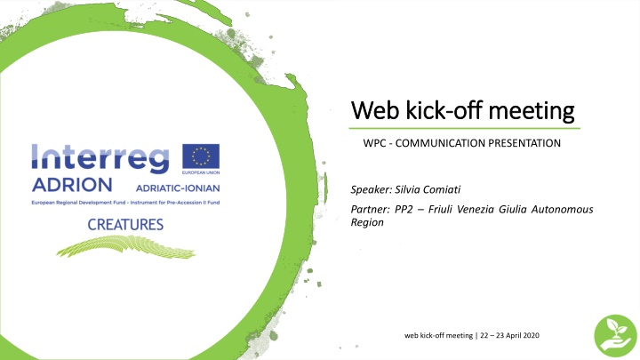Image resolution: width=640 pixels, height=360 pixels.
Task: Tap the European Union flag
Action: click(201, 158)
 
